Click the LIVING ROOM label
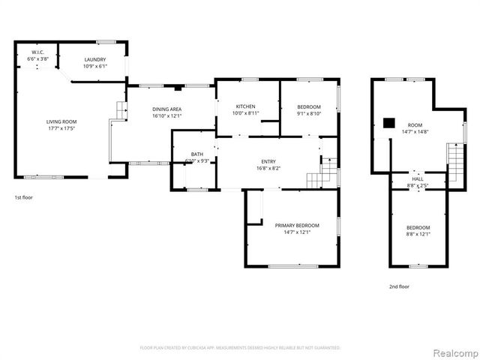click(x=61, y=121)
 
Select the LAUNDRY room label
click(x=94, y=59)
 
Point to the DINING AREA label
click(x=166, y=109)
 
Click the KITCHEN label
click(x=246, y=106)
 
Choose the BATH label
click(x=196, y=154)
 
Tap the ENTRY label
click(x=268, y=161)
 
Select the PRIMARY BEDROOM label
click(x=297, y=226)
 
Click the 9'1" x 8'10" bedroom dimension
click(x=309, y=113)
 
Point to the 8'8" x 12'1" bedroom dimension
click(x=418, y=234)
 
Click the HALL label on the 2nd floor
click(x=417, y=179)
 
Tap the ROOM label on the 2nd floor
click(x=415, y=125)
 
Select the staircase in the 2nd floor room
click(x=454, y=158)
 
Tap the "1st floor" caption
click(x=23, y=197)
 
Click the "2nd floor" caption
click(x=398, y=286)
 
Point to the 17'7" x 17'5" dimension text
click(x=61, y=128)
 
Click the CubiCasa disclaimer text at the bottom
click(x=240, y=348)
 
